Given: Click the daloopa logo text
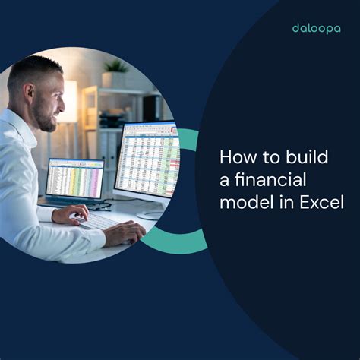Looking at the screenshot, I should point(316,28).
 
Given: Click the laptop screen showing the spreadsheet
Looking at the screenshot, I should point(74,178).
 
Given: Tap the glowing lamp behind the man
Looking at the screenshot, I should point(71,99).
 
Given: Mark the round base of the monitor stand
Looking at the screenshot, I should point(152,215).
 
